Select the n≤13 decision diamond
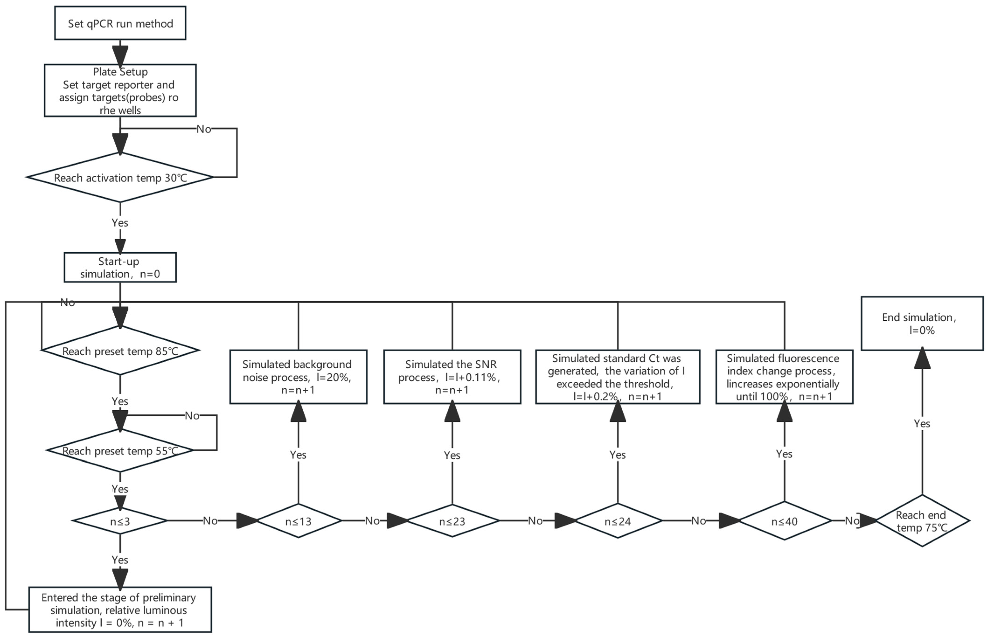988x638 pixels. pos(298,521)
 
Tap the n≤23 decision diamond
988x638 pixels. pos(452,521)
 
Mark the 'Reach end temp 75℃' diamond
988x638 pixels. pos(922,521)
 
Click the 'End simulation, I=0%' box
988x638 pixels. pos(922,324)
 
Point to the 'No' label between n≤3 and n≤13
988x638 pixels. pos(210,521)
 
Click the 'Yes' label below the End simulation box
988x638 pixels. pos(922,423)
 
